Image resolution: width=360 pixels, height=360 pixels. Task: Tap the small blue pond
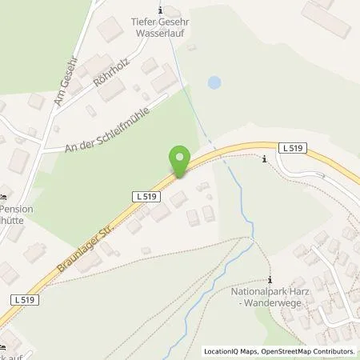point(213,82)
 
